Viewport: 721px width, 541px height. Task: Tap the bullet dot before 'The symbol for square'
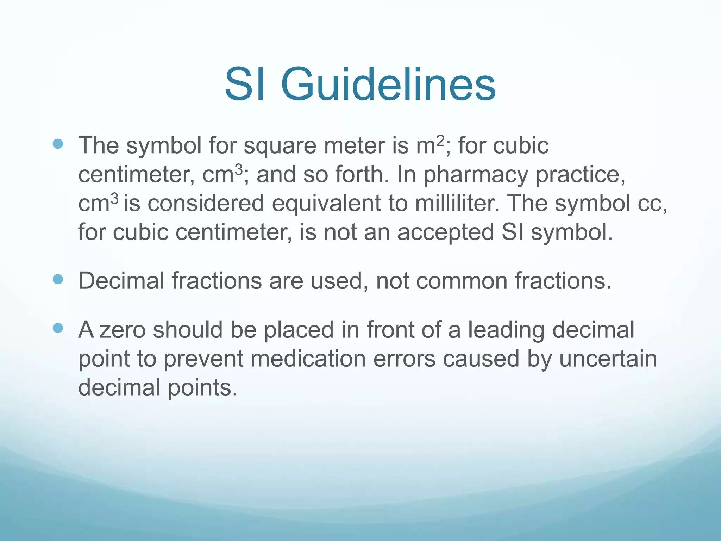57,144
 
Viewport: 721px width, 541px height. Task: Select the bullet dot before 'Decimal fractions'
57,279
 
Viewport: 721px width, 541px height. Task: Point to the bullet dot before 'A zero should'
57,328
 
